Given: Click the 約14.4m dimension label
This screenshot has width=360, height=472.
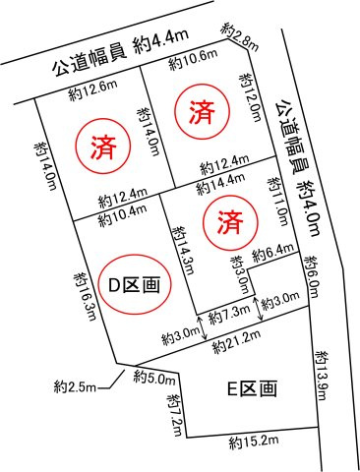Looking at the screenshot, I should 218,184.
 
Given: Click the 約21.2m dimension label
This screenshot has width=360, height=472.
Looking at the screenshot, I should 238,338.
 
